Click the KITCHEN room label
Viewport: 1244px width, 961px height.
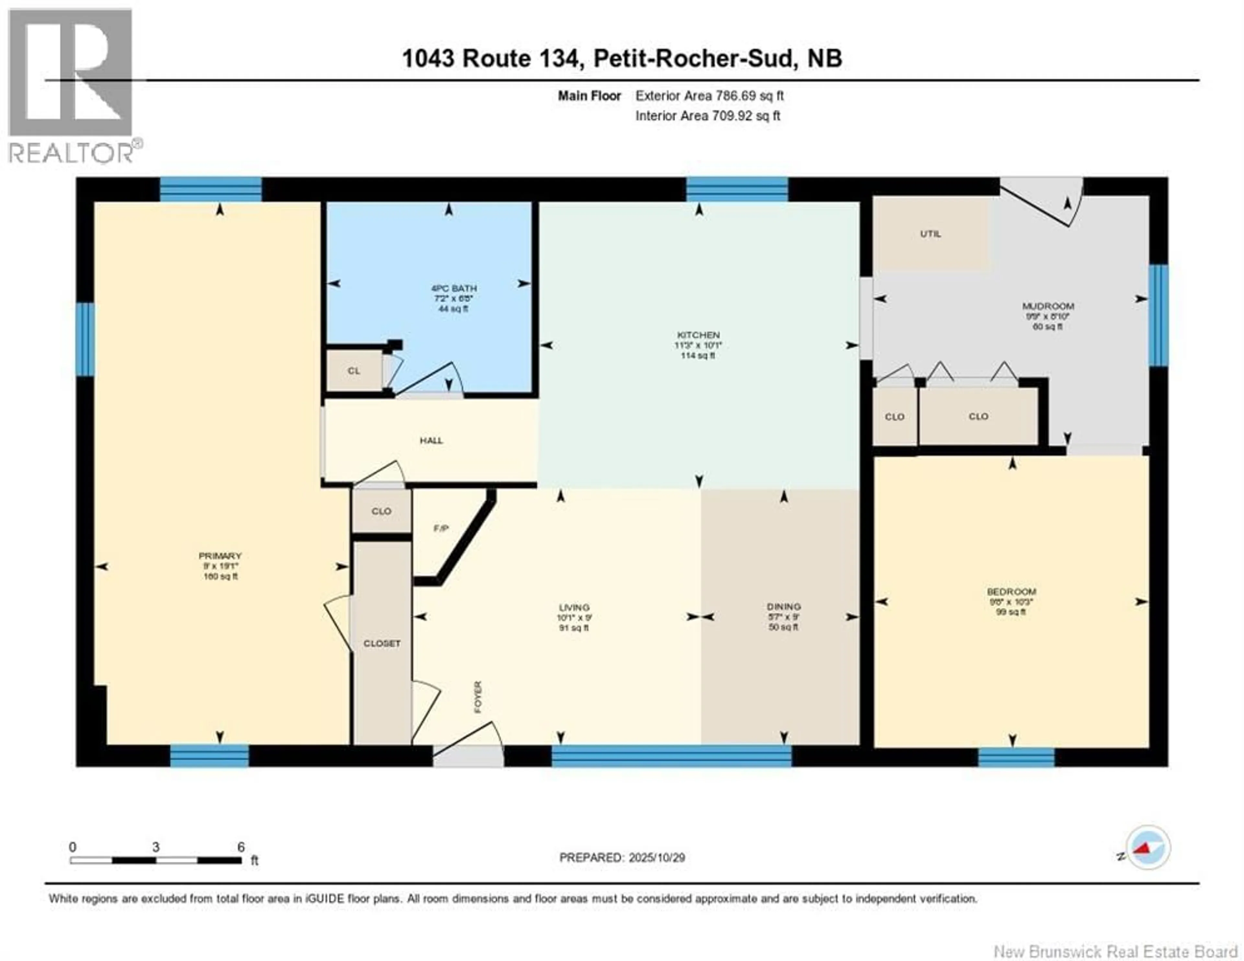(x=698, y=335)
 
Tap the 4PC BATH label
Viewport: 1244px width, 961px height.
(x=454, y=288)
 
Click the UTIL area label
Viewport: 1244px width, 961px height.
(x=931, y=234)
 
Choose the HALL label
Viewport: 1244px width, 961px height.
(x=431, y=440)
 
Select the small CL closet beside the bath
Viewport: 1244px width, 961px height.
(x=354, y=371)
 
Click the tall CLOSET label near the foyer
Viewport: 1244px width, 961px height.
(x=382, y=643)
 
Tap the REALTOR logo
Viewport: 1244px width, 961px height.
(x=71, y=86)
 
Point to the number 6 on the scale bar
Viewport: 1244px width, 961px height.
(x=241, y=847)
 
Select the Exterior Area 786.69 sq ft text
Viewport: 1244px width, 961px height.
(x=709, y=96)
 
